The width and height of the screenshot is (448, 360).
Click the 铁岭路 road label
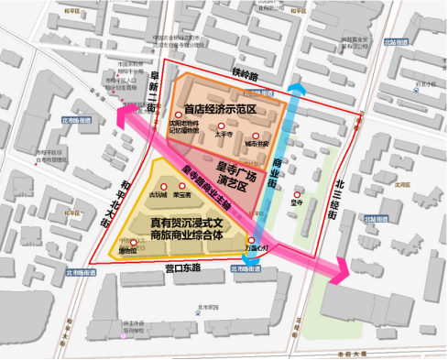[245, 71]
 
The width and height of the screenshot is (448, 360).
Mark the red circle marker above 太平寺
[220, 125]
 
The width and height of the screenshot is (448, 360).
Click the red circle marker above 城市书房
[257, 136]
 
